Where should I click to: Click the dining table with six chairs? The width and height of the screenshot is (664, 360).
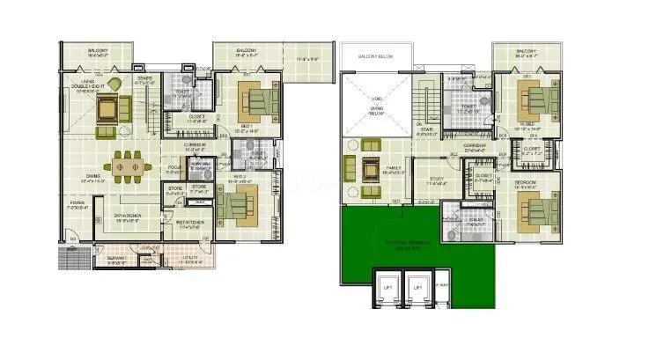129,166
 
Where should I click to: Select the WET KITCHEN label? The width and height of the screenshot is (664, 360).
190,224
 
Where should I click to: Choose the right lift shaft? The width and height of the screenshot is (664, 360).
419,289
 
